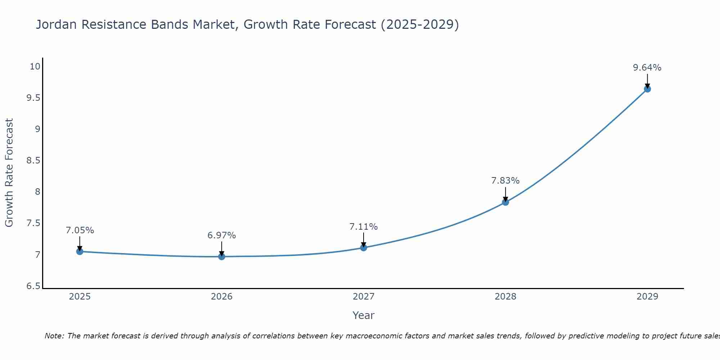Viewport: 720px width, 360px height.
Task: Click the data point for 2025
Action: [x=80, y=251]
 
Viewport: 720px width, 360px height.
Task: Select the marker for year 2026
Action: [x=222, y=256]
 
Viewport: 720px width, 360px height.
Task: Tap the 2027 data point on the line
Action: [x=364, y=248]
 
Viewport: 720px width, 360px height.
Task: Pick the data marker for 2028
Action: [x=505, y=202]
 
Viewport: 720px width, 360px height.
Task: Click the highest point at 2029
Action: [x=647, y=89]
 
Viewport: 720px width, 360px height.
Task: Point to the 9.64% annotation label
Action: [x=647, y=68]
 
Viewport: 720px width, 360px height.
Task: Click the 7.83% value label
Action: [x=505, y=181]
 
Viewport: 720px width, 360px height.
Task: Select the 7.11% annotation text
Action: [x=364, y=227]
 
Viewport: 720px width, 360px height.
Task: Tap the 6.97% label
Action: [x=222, y=235]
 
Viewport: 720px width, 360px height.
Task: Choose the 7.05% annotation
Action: [x=80, y=230]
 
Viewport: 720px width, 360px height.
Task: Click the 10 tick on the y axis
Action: [x=35, y=67]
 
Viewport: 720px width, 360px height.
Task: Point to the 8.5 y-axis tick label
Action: [x=33, y=161]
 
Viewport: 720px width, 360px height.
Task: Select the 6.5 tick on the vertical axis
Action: [x=33, y=286]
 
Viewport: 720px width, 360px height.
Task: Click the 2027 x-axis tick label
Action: [x=364, y=297]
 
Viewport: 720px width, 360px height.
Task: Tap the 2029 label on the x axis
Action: [x=647, y=297]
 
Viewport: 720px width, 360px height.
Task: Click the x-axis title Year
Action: [x=364, y=315]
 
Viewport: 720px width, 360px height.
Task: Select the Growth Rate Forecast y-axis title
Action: [x=9, y=173]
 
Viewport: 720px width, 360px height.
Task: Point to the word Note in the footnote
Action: [x=54, y=336]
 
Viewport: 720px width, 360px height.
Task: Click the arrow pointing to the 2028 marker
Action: [x=505, y=194]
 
